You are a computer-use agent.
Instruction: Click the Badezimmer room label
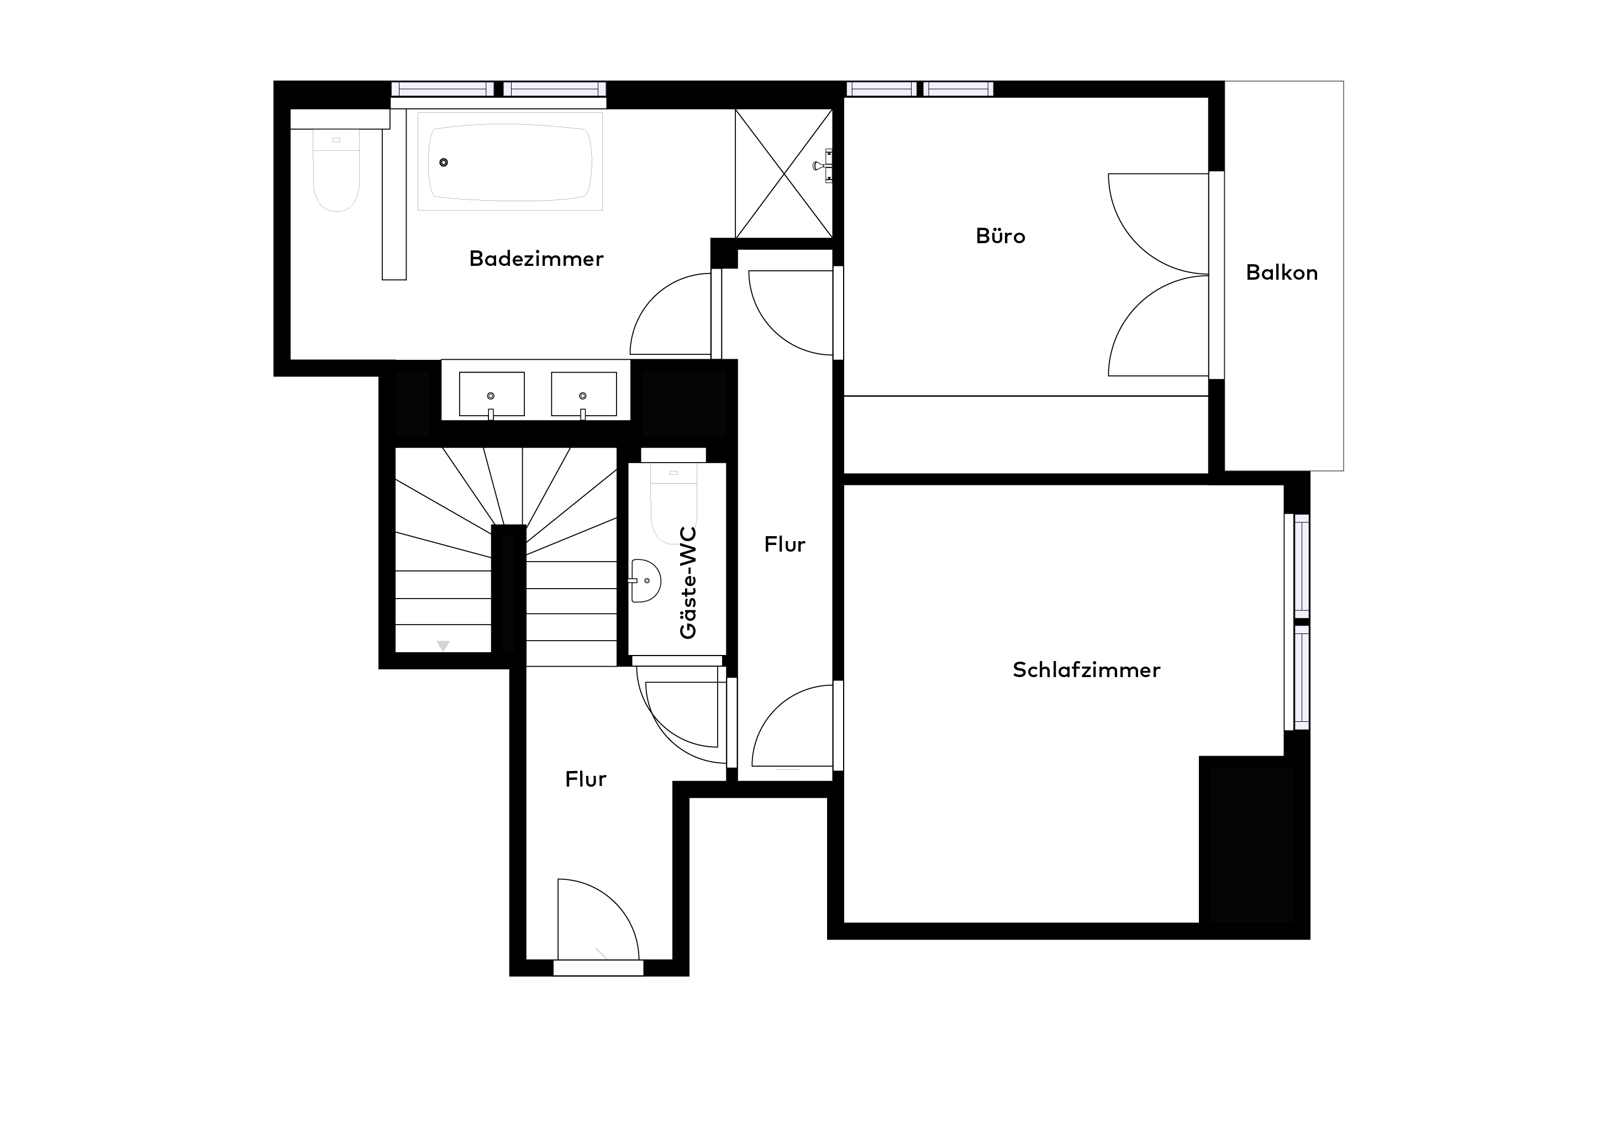tap(536, 259)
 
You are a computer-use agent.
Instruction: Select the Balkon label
tap(1282, 272)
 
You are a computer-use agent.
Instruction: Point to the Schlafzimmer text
tap(1086, 670)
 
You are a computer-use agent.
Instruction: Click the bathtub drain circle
tap(443, 163)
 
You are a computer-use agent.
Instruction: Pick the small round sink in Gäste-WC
tap(646, 580)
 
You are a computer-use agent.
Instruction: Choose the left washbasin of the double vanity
tap(491, 395)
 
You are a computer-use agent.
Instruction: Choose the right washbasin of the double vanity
tap(583, 395)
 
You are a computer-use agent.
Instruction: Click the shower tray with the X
tap(784, 174)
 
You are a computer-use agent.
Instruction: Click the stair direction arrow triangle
tap(443, 646)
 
